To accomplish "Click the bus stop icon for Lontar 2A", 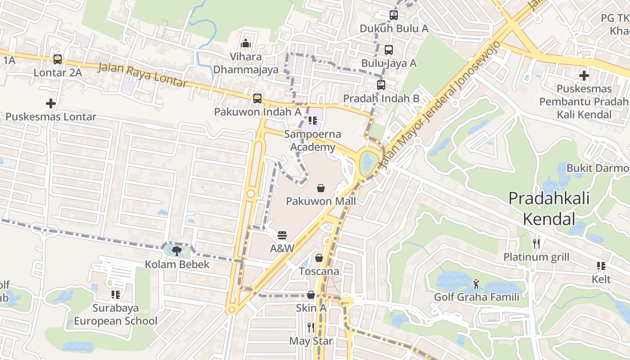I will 58,59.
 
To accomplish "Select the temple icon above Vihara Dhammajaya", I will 246,43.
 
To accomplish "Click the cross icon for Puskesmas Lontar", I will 51,103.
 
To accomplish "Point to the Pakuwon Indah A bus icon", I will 257,98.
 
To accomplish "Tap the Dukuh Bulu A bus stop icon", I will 394,15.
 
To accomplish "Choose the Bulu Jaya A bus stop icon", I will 389,49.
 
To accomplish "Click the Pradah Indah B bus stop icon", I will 381,85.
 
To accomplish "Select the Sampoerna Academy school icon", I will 312,121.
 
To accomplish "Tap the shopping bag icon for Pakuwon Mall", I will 321,188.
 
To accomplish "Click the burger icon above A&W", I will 282,235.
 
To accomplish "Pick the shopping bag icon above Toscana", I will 319,258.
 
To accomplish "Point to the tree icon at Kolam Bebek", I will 177,251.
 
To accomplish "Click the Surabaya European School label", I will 116,315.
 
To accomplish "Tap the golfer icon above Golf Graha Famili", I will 476,283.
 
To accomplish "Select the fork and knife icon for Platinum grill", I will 536,244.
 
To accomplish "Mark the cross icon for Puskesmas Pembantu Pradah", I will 584,75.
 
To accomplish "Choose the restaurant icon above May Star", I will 311,327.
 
